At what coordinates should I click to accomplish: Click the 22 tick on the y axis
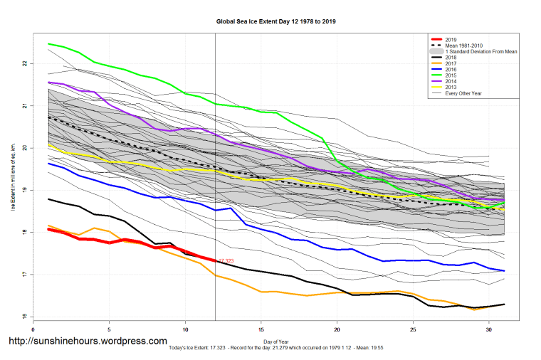(x=23, y=64)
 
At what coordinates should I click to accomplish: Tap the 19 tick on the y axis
(x=23, y=191)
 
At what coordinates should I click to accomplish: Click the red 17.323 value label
(x=226, y=262)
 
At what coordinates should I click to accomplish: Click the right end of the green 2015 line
(x=503, y=203)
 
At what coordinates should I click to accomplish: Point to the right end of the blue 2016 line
(x=503, y=271)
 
